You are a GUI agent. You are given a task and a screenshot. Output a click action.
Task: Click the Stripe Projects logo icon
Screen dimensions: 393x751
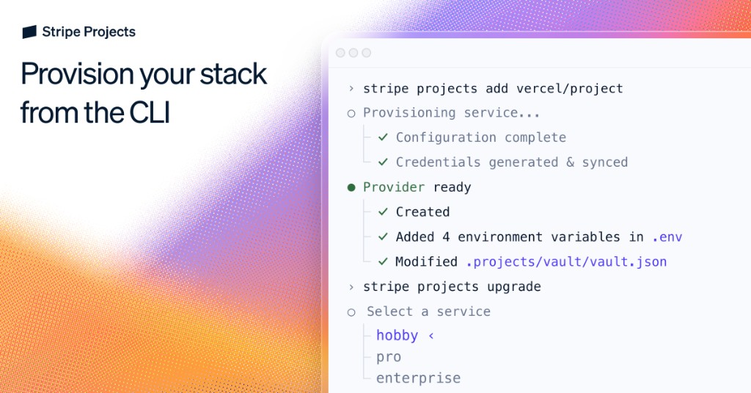(x=29, y=32)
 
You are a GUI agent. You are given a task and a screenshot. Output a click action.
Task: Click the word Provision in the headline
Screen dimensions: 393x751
(x=77, y=74)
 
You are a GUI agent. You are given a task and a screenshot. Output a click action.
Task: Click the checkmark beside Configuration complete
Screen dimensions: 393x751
(x=383, y=137)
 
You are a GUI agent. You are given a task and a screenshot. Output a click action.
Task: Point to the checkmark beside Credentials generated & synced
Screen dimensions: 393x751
(x=383, y=162)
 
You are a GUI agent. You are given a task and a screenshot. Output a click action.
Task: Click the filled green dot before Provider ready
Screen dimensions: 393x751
(x=351, y=187)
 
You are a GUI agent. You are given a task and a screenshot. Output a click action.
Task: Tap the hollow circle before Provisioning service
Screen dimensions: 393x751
(x=351, y=113)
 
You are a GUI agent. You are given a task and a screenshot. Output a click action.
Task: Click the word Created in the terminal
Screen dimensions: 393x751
(x=422, y=212)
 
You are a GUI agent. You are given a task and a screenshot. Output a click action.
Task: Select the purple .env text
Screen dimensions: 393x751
(x=667, y=237)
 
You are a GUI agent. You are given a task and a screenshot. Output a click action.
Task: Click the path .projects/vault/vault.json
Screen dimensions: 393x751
(x=566, y=262)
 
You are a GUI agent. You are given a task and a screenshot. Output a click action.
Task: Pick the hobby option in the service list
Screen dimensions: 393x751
(x=397, y=336)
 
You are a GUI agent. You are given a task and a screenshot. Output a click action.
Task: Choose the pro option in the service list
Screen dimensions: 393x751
(x=389, y=357)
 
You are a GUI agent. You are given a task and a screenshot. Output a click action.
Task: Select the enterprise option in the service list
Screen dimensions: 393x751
(x=418, y=378)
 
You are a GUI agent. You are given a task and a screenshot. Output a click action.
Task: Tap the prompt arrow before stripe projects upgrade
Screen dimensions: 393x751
(x=351, y=286)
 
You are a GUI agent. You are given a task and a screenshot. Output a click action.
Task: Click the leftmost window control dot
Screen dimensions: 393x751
(x=340, y=53)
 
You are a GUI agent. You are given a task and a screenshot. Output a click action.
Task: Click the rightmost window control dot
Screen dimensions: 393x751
(x=367, y=53)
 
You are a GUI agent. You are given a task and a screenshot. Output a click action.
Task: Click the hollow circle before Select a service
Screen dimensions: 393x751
(x=351, y=311)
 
